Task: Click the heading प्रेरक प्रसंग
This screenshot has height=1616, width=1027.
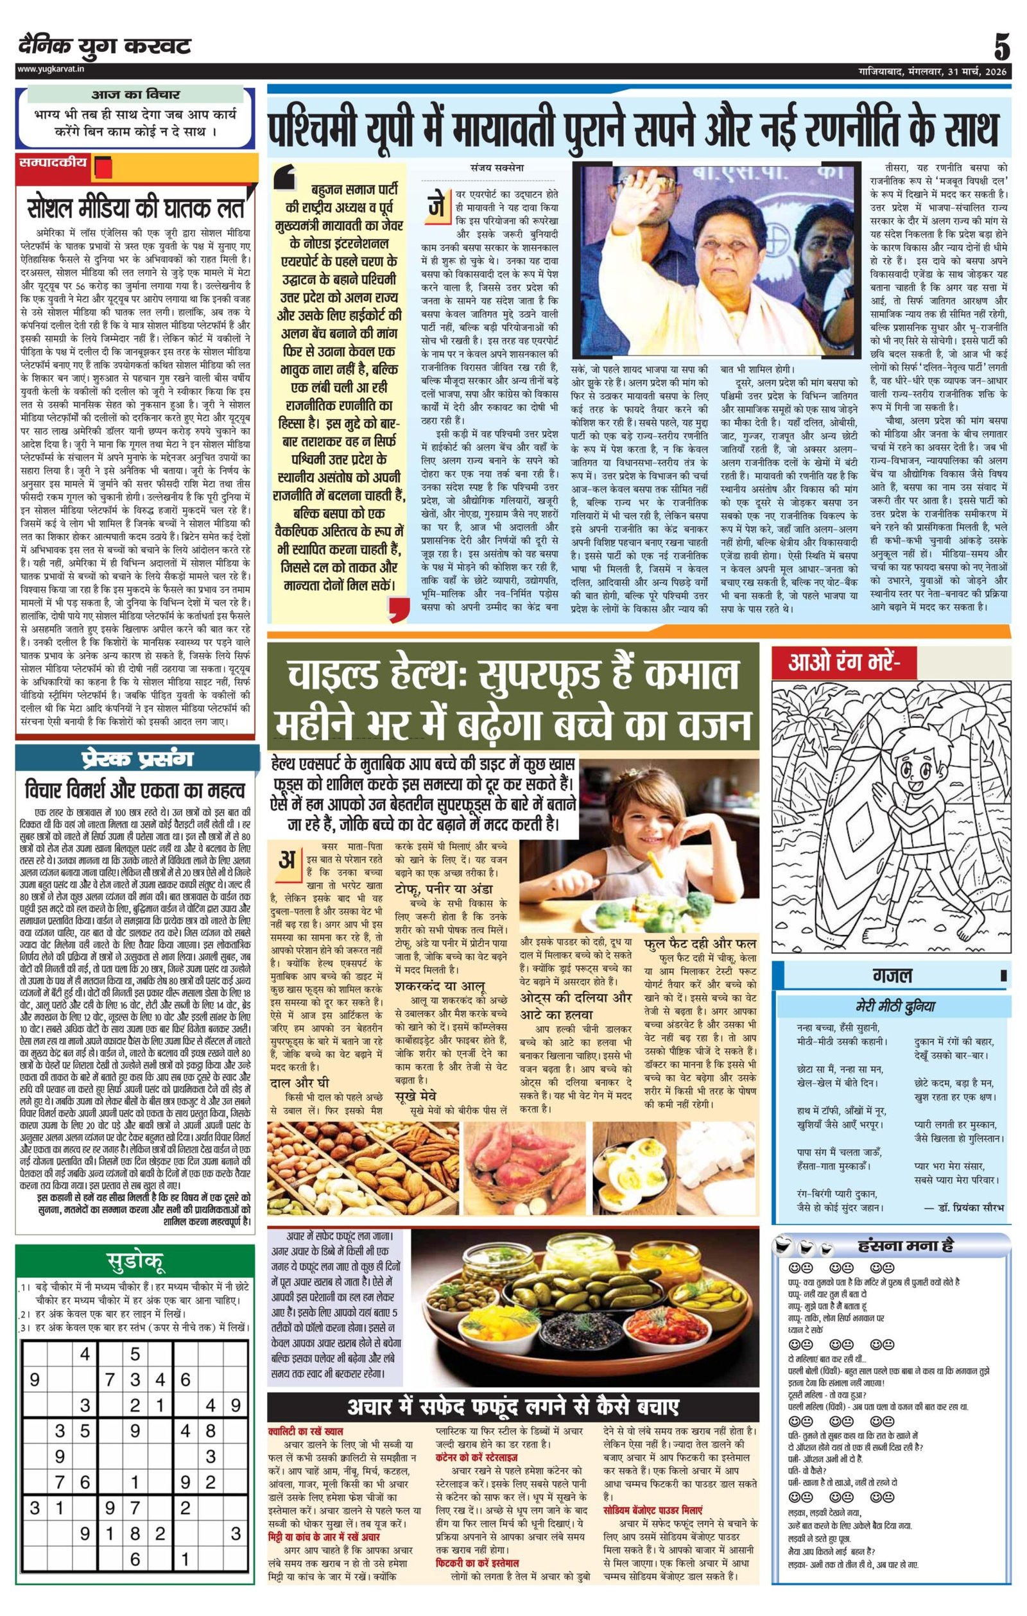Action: point(135,759)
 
